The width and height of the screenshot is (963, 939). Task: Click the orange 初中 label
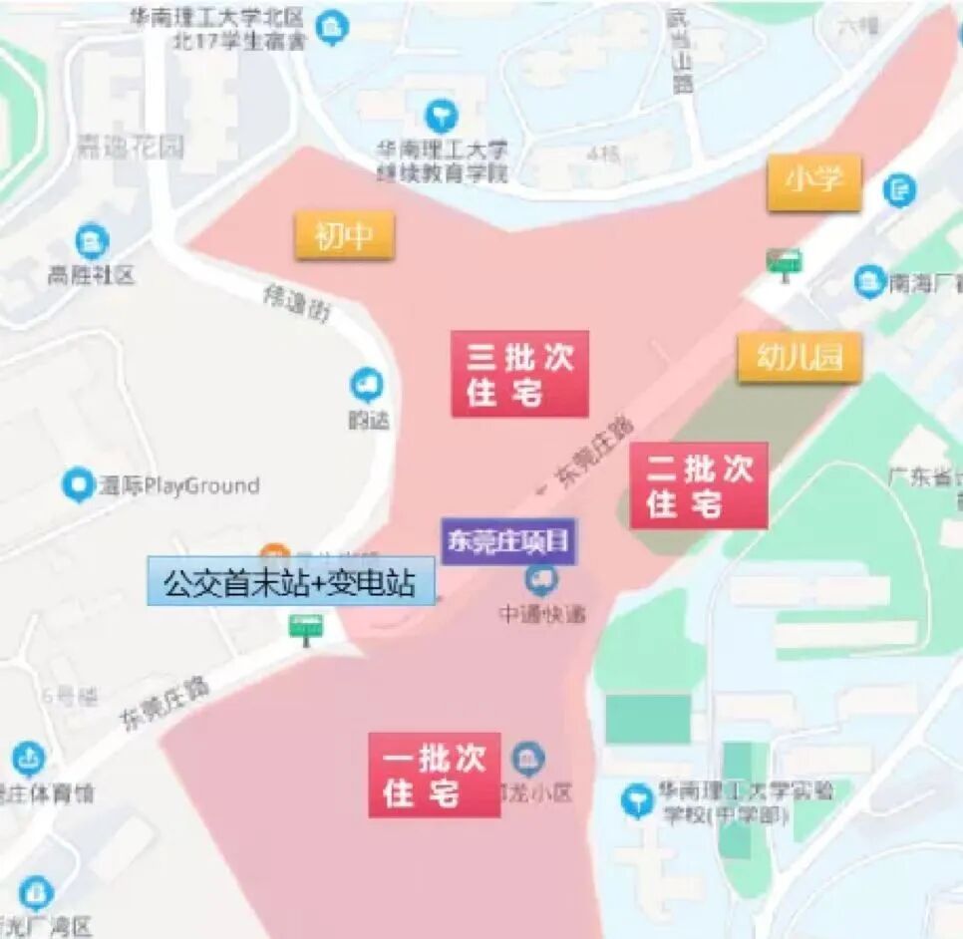(x=344, y=236)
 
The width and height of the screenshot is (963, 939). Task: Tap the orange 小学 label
(x=813, y=182)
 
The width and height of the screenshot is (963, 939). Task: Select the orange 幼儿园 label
(x=800, y=358)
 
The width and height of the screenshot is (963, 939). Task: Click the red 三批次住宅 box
(x=519, y=374)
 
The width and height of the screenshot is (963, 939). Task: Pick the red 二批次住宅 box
(x=699, y=485)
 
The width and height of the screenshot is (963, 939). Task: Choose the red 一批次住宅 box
(x=435, y=776)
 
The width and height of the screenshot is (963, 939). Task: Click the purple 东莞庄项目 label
(x=509, y=541)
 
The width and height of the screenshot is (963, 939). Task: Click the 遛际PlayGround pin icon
(x=78, y=485)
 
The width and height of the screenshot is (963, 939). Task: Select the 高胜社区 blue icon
(x=92, y=240)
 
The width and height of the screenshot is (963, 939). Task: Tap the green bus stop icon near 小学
(x=784, y=262)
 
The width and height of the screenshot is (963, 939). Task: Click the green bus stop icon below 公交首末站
(x=305, y=627)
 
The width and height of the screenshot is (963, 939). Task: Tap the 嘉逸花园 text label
(x=131, y=149)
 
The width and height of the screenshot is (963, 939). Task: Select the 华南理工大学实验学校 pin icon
(x=636, y=799)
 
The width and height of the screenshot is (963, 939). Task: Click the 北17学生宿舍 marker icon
(x=333, y=27)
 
